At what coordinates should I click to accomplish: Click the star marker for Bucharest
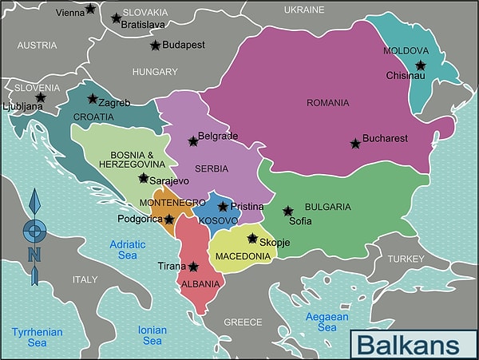pyautogui.click(x=355, y=144)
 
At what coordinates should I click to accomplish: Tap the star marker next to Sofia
pyautogui.click(x=288, y=212)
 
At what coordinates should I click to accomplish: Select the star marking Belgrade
pyautogui.click(x=193, y=141)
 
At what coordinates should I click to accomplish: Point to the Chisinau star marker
pyautogui.click(x=420, y=65)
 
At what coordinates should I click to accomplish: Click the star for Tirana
pyautogui.click(x=193, y=267)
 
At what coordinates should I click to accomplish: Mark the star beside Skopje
pyautogui.click(x=252, y=238)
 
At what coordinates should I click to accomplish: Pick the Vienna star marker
pyautogui.click(x=90, y=9)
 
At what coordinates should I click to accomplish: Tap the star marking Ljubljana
pyautogui.click(x=40, y=98)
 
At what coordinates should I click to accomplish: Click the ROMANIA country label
pyautogui.click(x=328, y=102)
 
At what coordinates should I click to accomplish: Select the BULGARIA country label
pyautogui.click(x=328, y=207)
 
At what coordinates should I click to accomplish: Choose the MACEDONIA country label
pyautogui.click(x=243, y=256)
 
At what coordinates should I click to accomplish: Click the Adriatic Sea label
pyautogui.click(x=128, y=249)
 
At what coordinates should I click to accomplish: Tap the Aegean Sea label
pyautogui.click(x=327, y=322)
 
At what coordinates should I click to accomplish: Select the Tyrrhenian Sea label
pyautogui.click(x=38, y=336)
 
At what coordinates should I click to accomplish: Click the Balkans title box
pyautogui.click(x=407, y=344)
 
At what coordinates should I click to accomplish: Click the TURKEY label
pyautogui.click(x=407, y=259)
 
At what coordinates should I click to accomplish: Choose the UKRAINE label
pyautogui.click(x=304, y=10)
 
